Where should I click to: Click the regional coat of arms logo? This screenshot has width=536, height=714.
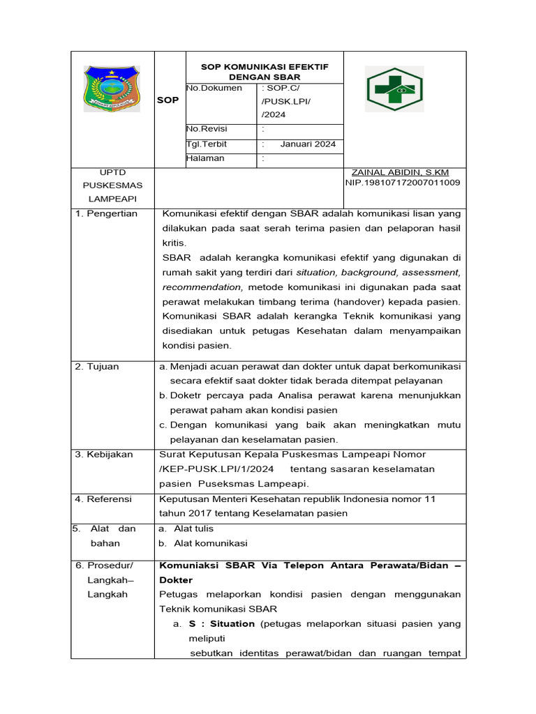[x=111, y=89]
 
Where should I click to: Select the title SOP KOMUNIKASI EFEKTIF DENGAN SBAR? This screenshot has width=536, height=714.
[x=265, y=71]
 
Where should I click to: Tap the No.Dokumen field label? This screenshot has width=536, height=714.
[x=214, y=88]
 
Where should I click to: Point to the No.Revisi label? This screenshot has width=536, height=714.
[x=207, y=129]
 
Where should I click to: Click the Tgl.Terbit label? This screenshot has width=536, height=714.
[x=207, y=144]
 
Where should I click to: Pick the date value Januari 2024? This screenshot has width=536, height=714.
[x=308, y=144]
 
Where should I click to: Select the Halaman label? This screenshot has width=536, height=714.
[x=205, y=158]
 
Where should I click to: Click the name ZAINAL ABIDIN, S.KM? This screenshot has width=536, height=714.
[x=401, y=172]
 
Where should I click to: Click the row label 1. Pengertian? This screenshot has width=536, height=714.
[x=106, y=213]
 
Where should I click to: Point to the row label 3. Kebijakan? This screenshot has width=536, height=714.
[x=104, y=454]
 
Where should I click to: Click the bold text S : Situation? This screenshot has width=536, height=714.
[x=223, y=624]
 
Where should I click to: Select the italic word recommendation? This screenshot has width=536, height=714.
[x=202, y=287]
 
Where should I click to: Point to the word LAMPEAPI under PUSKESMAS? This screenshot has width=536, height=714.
[x=112, y=199]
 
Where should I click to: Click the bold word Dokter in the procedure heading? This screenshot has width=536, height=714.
[x=175, y=580]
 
